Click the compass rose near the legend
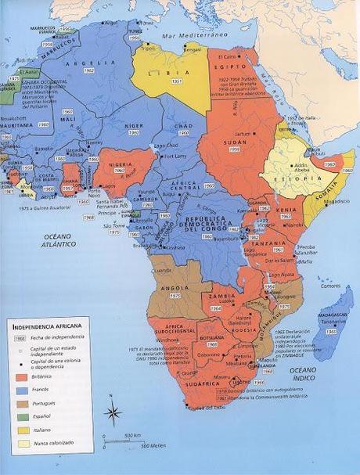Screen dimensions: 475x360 (x=113, y=412)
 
